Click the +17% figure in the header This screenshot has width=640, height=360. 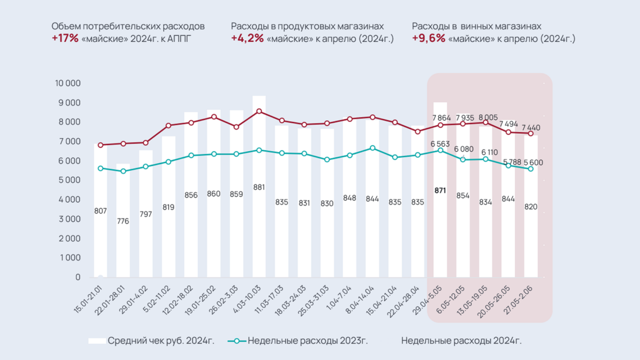point(65,39)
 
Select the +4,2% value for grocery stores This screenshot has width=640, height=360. point(247,39)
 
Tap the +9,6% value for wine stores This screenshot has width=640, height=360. point(428,39)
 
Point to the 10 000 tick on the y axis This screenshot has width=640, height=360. point(67,83)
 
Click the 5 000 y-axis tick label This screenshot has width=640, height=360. point(69,180)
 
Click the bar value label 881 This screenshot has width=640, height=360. point(259,188)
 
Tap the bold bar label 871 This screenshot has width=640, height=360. point(440,191)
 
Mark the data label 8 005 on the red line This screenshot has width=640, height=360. point(488,117)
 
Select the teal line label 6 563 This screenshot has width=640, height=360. point(440,144)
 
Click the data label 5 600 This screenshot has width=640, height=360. point(533,163)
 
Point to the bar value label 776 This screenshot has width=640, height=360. point(123,221)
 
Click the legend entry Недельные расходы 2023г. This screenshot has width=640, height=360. point(307,341)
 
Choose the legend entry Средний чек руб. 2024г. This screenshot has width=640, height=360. point(161,341)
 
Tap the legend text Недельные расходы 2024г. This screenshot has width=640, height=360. point(461,341)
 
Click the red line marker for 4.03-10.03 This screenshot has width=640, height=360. point(259,111)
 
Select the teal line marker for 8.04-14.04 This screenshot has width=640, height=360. point(372,148)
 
